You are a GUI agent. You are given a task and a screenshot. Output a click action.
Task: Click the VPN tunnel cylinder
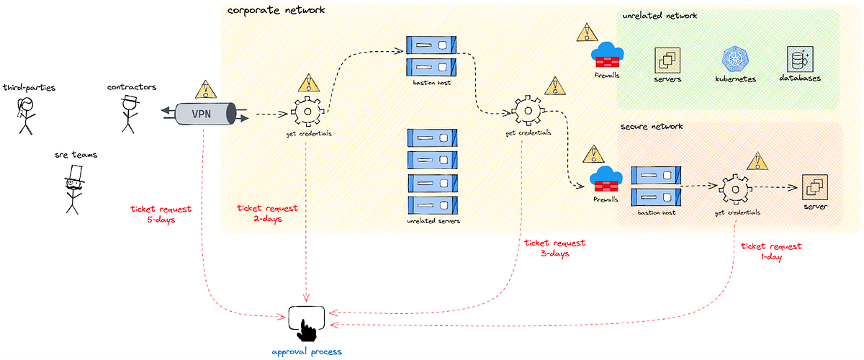click(x=204, y=113)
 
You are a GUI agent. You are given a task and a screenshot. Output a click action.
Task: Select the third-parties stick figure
click(x=25, y=115)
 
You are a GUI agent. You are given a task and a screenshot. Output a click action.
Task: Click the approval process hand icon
click(x=307, y=323)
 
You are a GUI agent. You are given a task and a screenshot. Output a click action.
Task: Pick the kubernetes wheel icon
click(x=735, y=59)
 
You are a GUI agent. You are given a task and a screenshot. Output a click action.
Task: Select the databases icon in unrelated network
click(x=800, y=59)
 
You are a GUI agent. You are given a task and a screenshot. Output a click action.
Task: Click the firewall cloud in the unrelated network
click(x=607, y=54)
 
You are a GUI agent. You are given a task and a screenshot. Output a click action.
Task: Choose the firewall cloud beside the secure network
click(x=605, y=180)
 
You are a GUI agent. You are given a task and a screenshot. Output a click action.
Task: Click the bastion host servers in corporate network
click(x=432, y=56)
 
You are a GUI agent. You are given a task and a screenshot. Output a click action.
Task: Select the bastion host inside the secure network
click(x=656, y=186)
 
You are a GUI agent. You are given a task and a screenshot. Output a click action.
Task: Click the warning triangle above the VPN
click(x=206, y=89)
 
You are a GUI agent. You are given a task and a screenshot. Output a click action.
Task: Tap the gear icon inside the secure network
click(x=734, y=189)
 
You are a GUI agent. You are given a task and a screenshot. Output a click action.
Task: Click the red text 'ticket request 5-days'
click(x=161, y=214)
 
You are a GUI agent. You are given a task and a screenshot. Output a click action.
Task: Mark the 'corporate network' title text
click(x=276, y=10)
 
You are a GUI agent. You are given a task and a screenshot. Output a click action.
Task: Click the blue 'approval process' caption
click(x=307, y=351)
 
